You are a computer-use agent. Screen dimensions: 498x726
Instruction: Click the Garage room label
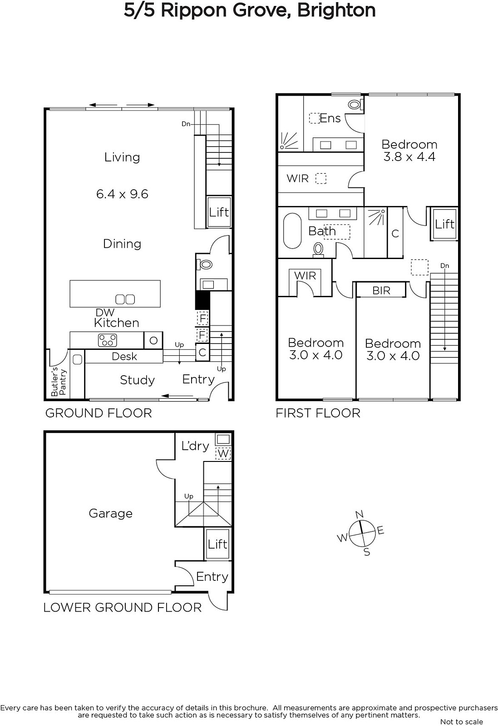tap(111, 513)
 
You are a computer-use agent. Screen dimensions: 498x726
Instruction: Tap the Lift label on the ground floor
tap(219, 212)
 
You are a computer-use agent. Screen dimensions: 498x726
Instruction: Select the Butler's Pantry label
tap(59, 382)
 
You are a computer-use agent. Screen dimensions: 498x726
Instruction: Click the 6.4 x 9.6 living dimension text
tap(122, 194)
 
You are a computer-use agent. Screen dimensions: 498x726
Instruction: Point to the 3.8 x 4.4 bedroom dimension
tap(409, 157)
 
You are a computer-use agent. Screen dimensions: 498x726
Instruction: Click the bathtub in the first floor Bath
tap(292, 231)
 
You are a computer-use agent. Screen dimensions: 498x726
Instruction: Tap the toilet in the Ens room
tap(355, 104)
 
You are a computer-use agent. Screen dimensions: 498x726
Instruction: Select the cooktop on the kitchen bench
tap(107, 340)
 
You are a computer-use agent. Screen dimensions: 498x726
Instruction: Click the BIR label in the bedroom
tap(381, 290)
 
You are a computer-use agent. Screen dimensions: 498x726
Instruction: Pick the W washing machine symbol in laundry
tap(223, 453)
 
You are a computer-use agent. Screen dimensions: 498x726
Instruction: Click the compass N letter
tap(359, 515)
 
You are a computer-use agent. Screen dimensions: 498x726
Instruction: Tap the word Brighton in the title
tap(336, 10)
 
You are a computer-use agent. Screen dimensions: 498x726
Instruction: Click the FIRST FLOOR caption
tap(318, 413)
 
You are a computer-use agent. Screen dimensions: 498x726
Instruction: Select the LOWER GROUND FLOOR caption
tap(123, 608)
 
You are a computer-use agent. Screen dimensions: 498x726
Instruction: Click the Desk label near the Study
tap(124, 357)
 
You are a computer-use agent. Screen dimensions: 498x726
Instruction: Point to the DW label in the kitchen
tap(105, 313)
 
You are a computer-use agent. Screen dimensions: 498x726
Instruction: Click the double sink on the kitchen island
tap(125, 299)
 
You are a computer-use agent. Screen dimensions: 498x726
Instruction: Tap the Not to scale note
tap(461, 722)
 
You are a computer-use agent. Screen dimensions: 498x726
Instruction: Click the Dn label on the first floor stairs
tap(444, 266)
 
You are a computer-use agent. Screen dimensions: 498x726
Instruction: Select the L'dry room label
tap(195, 446)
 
